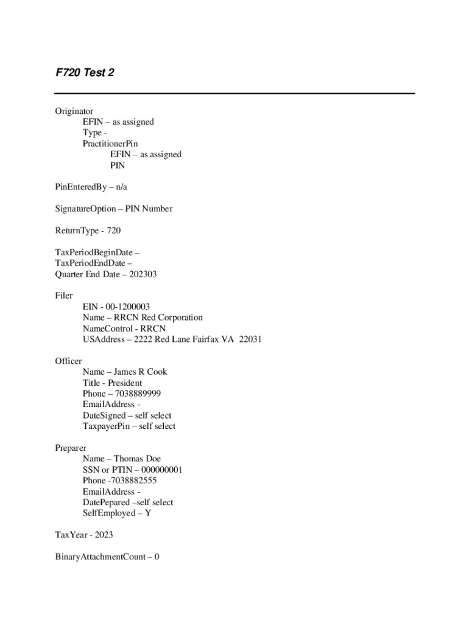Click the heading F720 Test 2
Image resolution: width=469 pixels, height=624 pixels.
pos(85,73)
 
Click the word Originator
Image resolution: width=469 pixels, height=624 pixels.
pos(74,111)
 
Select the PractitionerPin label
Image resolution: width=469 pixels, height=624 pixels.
pos(110,144)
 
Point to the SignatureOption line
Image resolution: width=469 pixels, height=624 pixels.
pos(113,209)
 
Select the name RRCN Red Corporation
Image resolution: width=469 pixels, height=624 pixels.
pos(158,317)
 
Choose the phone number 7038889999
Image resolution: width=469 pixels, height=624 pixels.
pos(138,394)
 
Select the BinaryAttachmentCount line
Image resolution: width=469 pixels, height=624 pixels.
pos(107,557)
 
